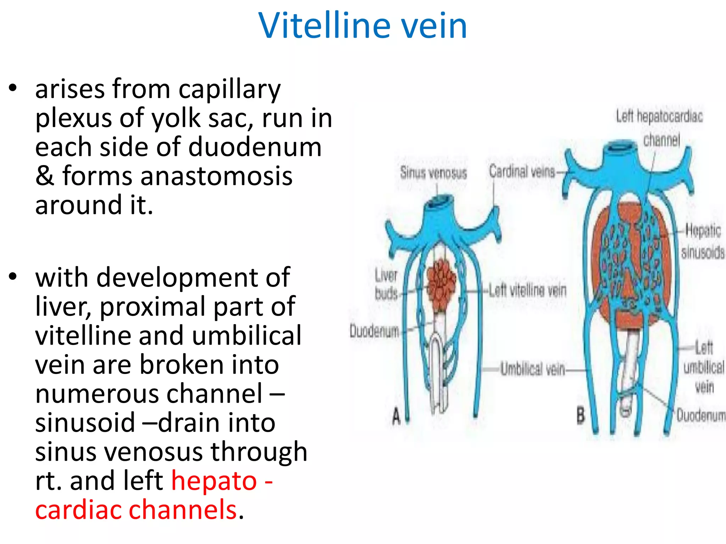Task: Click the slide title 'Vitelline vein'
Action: (x=363, y=25)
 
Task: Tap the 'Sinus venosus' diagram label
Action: (x=433, y=173)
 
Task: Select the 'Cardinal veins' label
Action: (x=522, y=172)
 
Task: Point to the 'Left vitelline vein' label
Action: (x=527, y=291)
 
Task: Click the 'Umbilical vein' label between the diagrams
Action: (x=532, y=369)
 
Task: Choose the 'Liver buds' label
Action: (x=386, y=284)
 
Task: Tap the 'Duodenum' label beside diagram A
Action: (x=374, y=331)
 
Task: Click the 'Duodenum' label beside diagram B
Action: (x=700, y=415)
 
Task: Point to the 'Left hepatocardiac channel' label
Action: (x=659, y=127)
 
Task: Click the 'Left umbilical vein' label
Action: (x=704, y=367)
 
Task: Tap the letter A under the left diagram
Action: (x=396, y=416)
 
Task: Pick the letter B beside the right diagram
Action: (x=580, y=415)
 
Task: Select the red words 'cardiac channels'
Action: (x=136, y=510)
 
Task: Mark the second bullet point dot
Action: (x=13, y=277)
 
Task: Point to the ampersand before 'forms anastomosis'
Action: (x=44, y=176)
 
